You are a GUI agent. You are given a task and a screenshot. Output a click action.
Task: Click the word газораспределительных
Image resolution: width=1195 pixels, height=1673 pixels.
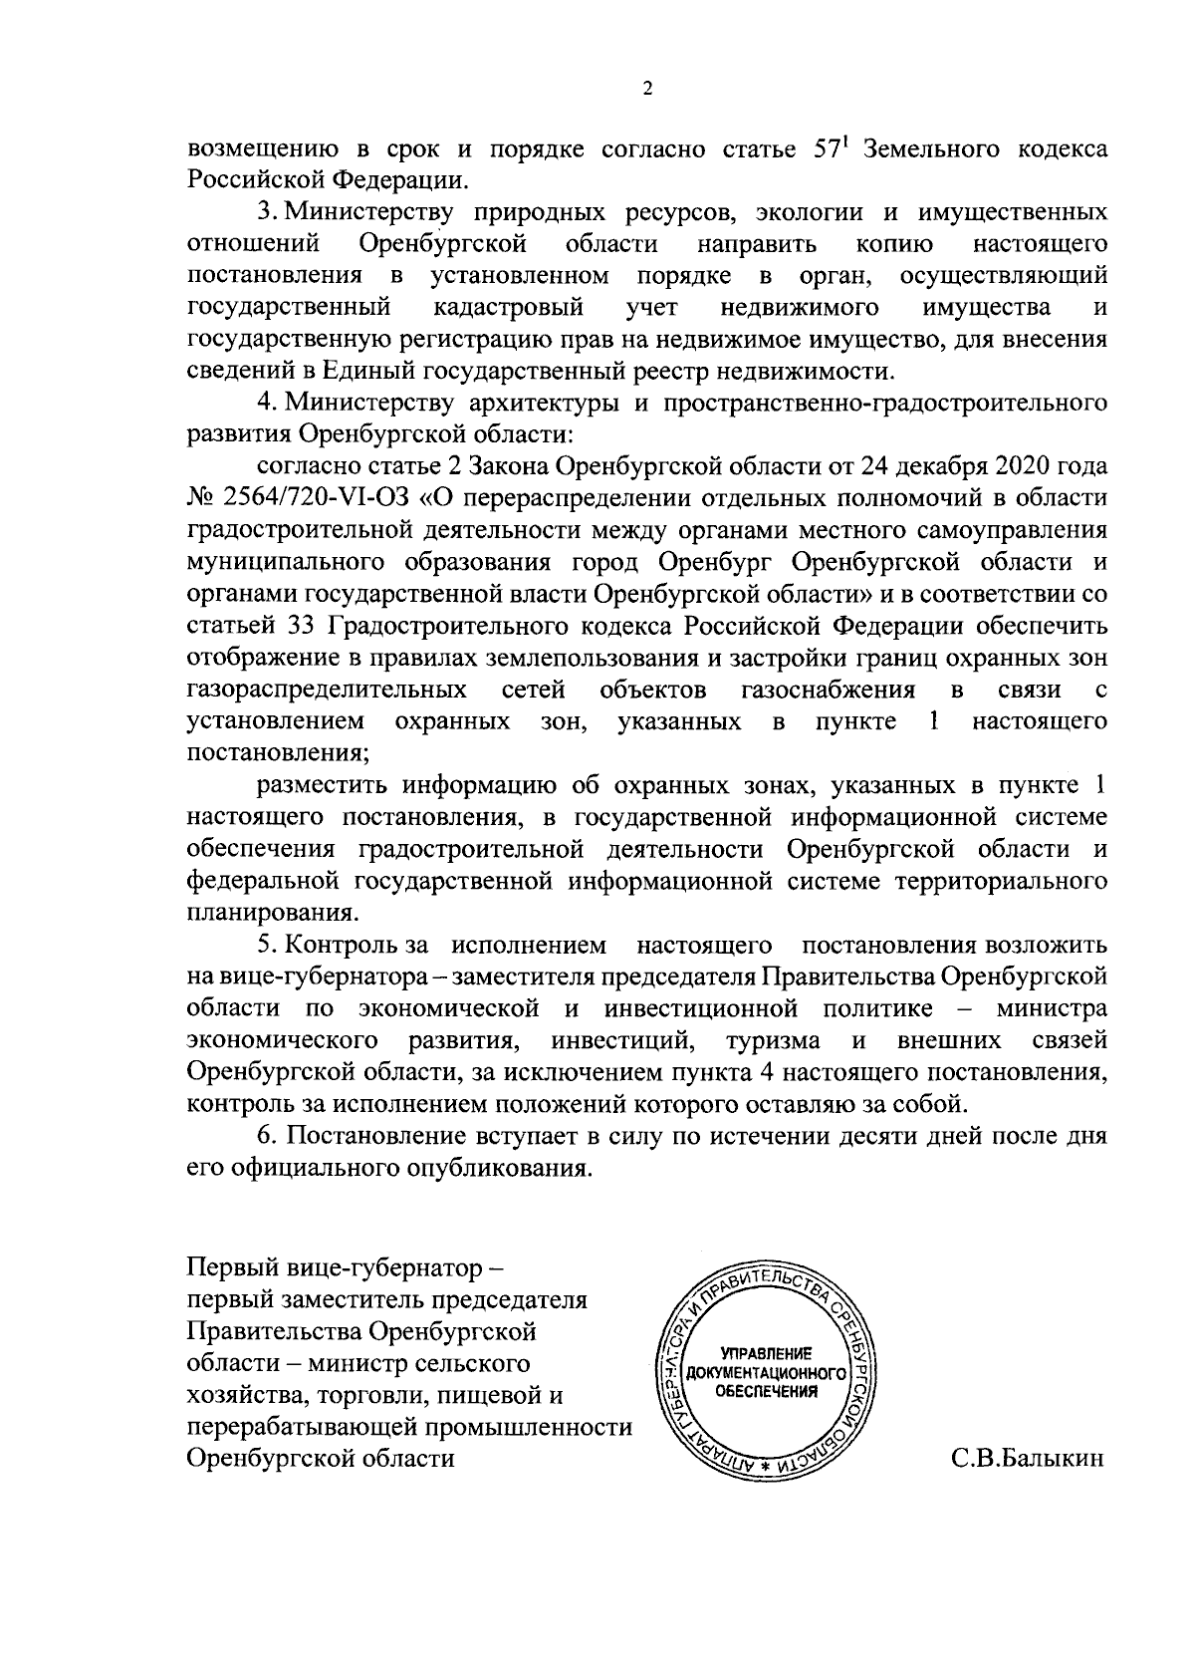[x=328, y=690]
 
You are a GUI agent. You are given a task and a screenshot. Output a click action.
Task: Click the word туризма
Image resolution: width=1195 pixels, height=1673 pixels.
[x=773, y=1040]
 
